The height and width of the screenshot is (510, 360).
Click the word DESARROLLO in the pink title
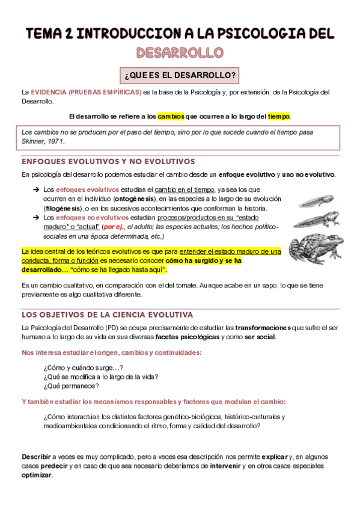180,53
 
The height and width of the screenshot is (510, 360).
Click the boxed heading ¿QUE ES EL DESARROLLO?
180,76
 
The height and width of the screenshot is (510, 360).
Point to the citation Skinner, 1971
43,141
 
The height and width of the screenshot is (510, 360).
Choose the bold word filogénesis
64,207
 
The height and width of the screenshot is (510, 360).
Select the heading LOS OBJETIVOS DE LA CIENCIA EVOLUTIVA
107,314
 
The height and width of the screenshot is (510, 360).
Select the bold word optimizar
37,475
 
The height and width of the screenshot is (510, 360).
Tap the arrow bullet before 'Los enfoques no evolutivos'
35,217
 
